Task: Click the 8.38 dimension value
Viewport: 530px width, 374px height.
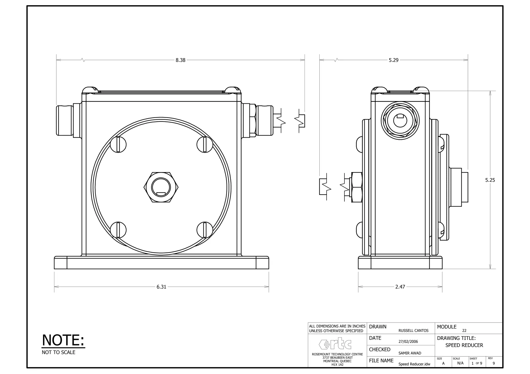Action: (x=180, y=60)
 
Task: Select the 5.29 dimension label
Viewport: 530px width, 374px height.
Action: (x=393, y=60)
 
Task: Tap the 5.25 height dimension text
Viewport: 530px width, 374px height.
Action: (x=490, y=180)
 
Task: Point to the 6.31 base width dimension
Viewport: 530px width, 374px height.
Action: (x=161, y=287)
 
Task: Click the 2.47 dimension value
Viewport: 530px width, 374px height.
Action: (x=400, y=287)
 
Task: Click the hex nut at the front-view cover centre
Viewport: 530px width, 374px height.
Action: (x=161, y=187)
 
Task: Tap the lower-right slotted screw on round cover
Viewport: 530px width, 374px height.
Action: (x=205, y=230)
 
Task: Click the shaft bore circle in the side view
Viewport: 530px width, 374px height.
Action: (x=400, y=120)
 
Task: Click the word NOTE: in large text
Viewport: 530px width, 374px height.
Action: (x=63, y=340)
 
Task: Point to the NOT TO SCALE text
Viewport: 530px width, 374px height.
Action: (x=58, y=353)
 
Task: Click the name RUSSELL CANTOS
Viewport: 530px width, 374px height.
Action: (x=413, y=331)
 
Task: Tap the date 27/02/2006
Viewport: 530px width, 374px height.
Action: (x=408, y=342)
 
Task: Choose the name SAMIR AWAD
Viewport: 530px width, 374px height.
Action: (x=410, y=353)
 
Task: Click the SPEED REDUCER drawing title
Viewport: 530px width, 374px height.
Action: (x=464, y=345)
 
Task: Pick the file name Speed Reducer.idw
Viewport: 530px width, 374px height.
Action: (x=414, y=364)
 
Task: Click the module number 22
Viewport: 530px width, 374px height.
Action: (x=464, y=331)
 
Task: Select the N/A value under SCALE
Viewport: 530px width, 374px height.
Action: (x=460, y=363)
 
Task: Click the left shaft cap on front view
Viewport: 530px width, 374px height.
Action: (x=65, y=120)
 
